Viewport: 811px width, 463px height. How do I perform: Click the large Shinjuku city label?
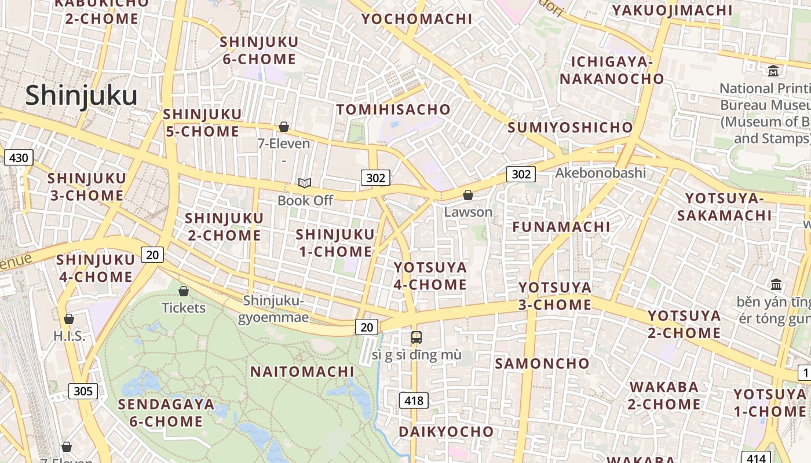pyautogui.click(x=81, y=96)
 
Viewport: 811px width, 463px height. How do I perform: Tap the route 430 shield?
pyautogui.click(x=19, y=157)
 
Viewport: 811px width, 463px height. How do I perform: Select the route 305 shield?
pyautogui.click(x=83, y=391)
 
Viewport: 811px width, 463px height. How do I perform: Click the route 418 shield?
pyautogui.click(x=414, y=400)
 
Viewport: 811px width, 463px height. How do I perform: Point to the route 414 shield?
pyautogui.click(x=755, y=458)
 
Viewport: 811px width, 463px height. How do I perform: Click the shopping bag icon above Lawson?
pyautogui.click(x=468, y=196)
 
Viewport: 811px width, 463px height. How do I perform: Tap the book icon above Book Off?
pyautogui.click(x=305, y=183)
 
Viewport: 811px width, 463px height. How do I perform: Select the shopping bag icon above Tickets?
pyautogui.click(x=184, y=291)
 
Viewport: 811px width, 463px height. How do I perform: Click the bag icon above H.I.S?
pyautogui.click(x=69, y=319)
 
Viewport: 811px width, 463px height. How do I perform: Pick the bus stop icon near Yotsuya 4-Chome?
pyautogui.click(x=416, y=337)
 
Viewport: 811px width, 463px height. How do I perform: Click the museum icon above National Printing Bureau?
pyautogui.click(x=773, y=71)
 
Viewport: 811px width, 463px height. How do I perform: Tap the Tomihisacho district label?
pyautogui.click(x=393, y=109)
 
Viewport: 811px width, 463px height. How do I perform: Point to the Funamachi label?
pyautogui.click(x=561, y=226)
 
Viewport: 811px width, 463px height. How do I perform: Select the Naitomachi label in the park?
pyautogui.click(x=302, y=372)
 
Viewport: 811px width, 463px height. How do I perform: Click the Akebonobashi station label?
pyautogui.click(x=600, y=172)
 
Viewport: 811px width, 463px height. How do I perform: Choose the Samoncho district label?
pyautogui.click(x=542, y=363)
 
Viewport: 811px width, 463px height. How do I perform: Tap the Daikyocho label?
pyautogui.click(x=446, y=432)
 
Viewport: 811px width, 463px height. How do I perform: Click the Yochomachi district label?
pyautogui.click(x=417, y=19)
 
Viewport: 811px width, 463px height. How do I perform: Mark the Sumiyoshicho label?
pyautogui.click(x=571, y=127)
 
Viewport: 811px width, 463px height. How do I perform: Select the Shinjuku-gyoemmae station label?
pyautogui.click(x=273, y=309)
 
